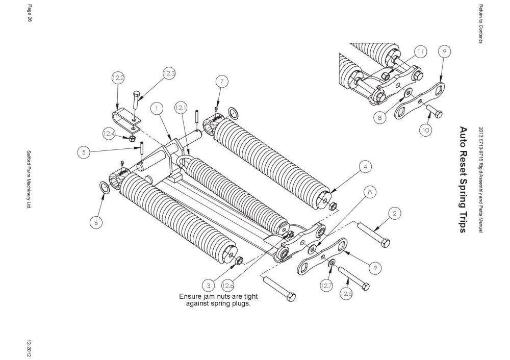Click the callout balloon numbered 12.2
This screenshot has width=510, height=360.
pos(118,78)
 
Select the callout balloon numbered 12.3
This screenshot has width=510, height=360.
pos(169,73)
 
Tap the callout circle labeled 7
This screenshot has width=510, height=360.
pos(222,82)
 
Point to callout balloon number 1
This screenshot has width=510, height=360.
pos(157,108)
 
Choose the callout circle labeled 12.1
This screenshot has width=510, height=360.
pos(181,108)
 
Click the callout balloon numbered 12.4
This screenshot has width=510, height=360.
pos(109,133)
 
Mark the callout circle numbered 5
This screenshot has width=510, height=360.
pos(84,152)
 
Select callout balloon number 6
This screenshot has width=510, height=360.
pos(96,223)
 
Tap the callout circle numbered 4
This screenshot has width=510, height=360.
pos(366,167)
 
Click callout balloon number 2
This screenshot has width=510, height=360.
pos(395,214)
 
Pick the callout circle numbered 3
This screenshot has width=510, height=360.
pos(208,286)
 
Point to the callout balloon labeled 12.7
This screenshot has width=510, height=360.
pos(326,286)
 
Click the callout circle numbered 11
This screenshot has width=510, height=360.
pos(421,52)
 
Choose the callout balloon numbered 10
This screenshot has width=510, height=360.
pos(426,131)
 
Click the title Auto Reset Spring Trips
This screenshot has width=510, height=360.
pos(463,180)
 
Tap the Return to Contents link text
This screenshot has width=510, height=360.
pos(481,24)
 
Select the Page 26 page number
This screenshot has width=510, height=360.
pos(29,13)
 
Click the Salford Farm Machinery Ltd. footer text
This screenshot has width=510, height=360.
pos(29,179)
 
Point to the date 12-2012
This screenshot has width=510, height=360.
pos(29,348)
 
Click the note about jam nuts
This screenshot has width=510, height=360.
pos(218,300)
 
